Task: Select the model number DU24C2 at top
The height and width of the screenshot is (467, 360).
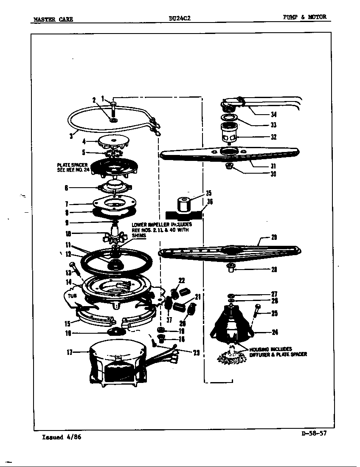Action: click(179, 18)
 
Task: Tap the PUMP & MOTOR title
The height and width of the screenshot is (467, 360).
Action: click(305, 17)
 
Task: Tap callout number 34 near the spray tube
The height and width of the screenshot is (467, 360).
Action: click(274, 114)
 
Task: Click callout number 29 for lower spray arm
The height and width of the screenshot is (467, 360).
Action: click(274, 237)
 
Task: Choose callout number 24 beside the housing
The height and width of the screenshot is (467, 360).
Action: click(274, 332)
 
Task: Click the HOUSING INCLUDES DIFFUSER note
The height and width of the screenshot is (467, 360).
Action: click(278, 352)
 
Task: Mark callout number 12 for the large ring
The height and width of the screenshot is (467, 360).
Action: click(67, 254)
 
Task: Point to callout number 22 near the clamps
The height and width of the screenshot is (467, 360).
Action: click(182, 280)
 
